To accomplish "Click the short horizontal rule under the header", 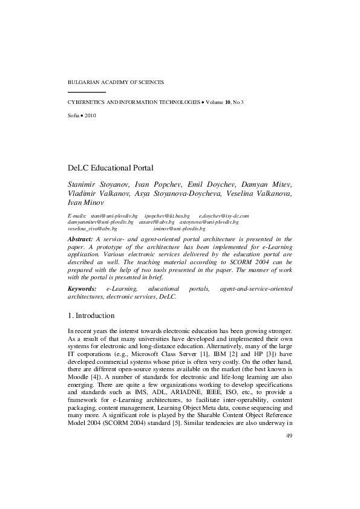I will [87, 92].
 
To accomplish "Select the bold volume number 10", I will [227, 103].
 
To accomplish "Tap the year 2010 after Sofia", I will [90, 114].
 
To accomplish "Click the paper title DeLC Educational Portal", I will [110, 167].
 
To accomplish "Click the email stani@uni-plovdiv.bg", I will [114, 215].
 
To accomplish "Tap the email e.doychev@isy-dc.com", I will [224, 215].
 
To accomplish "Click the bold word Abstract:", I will [80, 239].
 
